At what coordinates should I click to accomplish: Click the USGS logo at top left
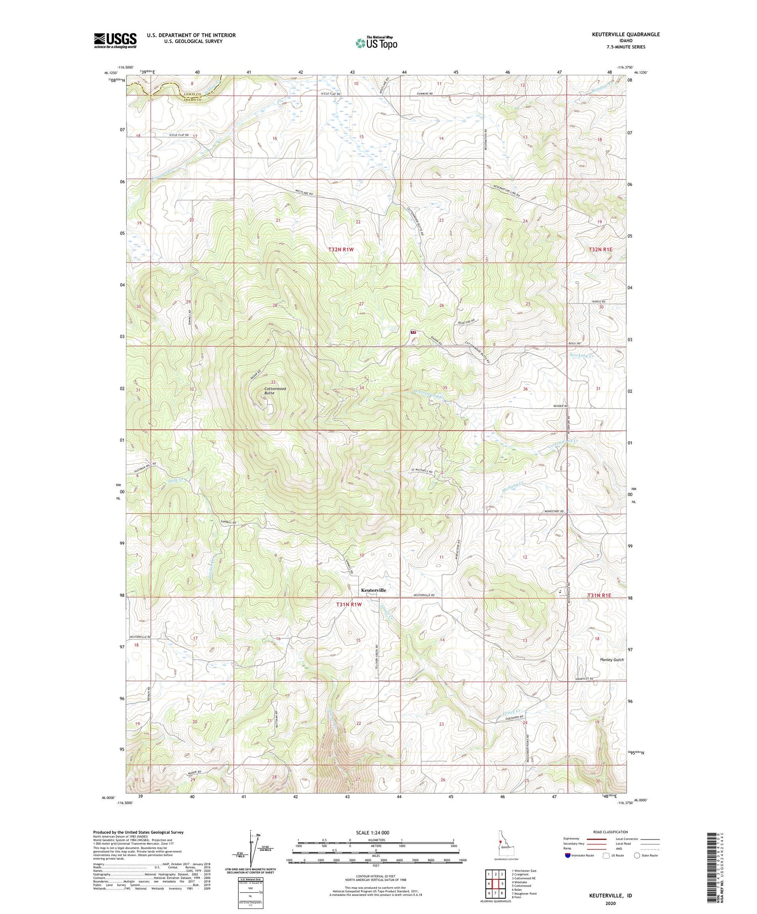point(115,40)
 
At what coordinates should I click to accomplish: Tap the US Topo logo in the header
point(376,43)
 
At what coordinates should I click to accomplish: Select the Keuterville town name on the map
point(373,590)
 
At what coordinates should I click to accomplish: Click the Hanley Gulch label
point(612,660)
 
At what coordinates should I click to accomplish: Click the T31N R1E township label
point(599,595)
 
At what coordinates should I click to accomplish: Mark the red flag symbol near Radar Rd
point(414,332)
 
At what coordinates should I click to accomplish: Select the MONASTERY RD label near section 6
point(554,511)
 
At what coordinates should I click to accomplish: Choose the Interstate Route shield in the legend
point(568,855)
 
